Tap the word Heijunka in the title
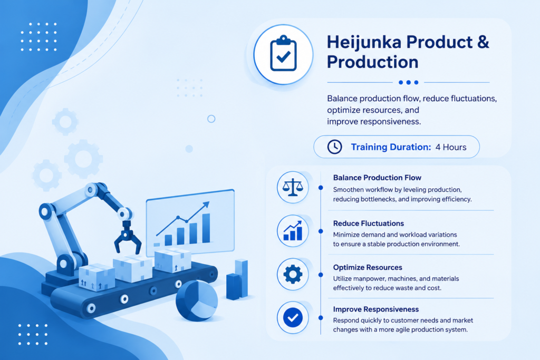coord(364,42)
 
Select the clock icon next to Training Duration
coord(334,147)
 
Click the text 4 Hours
coord(451,147)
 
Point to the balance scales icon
coord(293,187)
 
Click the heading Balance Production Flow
coord(377,178)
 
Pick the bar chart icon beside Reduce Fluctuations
coord(293,230)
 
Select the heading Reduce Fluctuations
coord(369,223)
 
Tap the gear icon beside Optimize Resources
coord(293,274)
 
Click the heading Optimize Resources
coord(368,267)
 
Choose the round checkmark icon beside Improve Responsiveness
coord(293,318)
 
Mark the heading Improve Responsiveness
coord(375,309)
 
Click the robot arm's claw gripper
coord(127,238)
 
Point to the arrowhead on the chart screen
coord(206,205)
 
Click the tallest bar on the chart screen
coord(206,228)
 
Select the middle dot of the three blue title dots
coord(409,82)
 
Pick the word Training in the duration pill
coord(369,147)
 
